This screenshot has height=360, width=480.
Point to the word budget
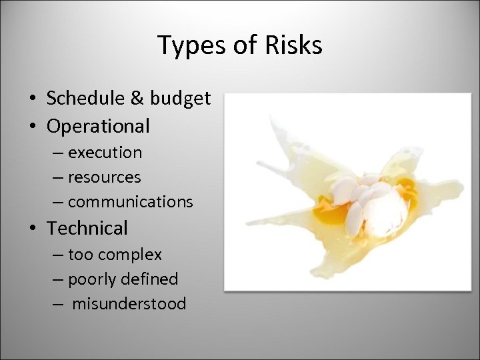pos(180,99)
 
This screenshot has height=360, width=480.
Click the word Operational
pos(98,125)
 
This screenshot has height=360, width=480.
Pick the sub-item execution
pos(105,153)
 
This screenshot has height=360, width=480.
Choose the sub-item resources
pos(104,177)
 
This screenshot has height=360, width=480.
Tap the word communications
pos(130,201)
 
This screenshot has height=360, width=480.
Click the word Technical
pos(87,228)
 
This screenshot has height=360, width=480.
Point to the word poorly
pos(91,279)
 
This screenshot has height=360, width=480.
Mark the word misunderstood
pos(129,304)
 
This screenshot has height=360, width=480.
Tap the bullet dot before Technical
pos(33,229)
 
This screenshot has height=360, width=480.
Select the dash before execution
pos(58,153)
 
